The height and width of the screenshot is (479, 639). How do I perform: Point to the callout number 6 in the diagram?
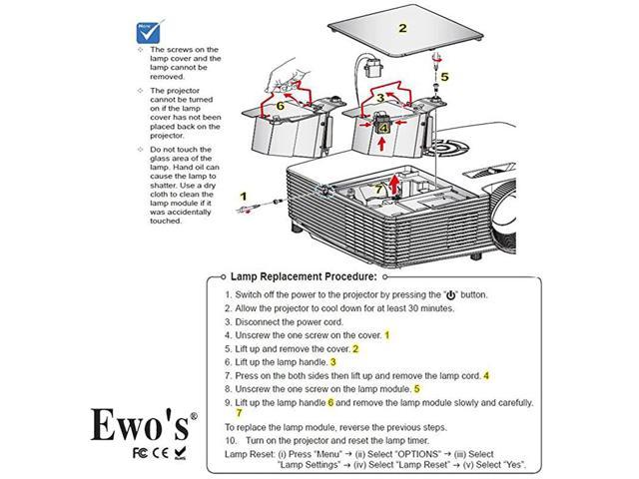tap(281, 103)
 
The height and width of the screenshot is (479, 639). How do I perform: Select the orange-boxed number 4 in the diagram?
tap(384, 127)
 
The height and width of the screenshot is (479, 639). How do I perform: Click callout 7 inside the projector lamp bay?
tap(378, 188)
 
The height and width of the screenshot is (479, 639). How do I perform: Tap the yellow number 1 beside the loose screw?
tap(242, 196)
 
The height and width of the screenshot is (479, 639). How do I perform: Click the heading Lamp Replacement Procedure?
tap(304, 276)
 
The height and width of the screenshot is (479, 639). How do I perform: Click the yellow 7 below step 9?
tap(239, 412)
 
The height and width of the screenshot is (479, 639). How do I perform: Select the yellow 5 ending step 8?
tap(416, 388)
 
